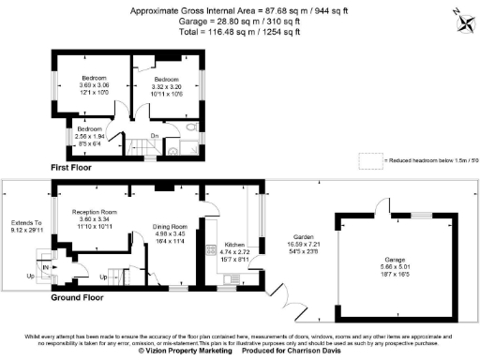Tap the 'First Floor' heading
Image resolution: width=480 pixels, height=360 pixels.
pyautogui.click(x=77, y=167)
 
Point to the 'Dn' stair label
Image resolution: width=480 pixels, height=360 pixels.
pyautogui.click(x=155, y=136)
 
